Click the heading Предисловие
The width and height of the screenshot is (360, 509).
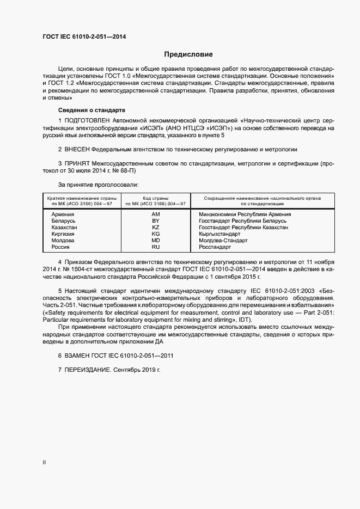tap(188, 54)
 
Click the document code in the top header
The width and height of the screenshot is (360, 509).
tap(88, 37)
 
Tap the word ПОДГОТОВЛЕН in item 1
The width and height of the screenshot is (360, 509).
tap(88, 120)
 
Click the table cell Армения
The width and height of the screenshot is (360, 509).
tap(63, 214)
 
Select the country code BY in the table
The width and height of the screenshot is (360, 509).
tap(155, 221)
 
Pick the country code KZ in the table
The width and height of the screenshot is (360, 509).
tap(155, 228)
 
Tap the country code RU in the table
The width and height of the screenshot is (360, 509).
tap(155, 247)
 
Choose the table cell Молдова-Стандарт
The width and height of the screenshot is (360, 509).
tap(223, 241)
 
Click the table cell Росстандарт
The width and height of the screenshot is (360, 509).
tap(215, 247)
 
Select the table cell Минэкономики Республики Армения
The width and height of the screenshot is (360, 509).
tap(245, 214)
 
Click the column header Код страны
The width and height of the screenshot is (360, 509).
tap(155, 198)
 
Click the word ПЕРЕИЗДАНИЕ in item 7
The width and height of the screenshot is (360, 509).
tap(88, 370)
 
